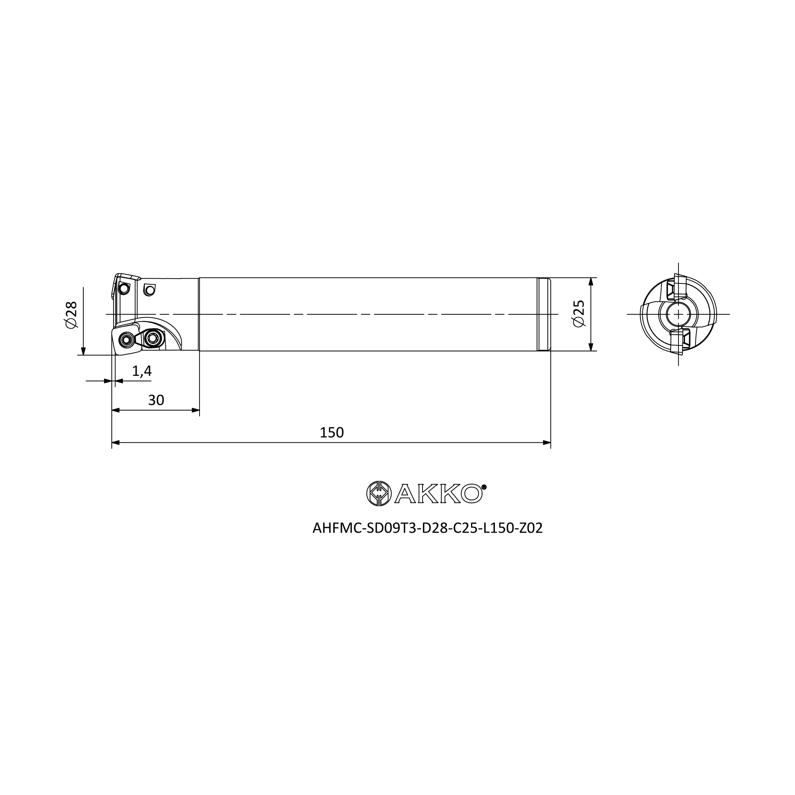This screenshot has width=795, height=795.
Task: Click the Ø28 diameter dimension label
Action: point(71,314)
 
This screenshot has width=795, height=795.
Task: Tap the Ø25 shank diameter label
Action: point(578,314)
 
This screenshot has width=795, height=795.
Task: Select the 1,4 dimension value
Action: point(142,371)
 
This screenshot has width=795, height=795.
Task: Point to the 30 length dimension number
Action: point(156,400)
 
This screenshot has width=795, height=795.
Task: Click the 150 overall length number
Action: point(332,432)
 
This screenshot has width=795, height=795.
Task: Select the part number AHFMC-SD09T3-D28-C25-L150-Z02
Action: point(428,528)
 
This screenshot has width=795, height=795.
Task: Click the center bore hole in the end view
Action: point(678,314)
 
